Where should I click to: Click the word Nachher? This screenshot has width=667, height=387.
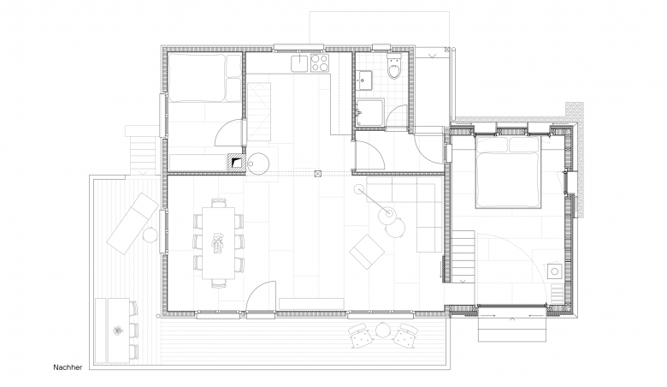click(x=68, y=367)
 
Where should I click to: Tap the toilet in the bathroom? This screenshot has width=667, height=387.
click(x=394, y=67)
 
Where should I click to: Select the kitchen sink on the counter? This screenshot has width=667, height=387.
click(x=299, y=63)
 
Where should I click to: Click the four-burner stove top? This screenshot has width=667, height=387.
click(x=320, y=63)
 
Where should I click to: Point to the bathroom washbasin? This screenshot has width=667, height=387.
click(x=364, y=80)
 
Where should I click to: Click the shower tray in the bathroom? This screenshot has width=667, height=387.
click(x=370, y=112)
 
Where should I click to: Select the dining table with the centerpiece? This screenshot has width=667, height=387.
click(x=219, y=242)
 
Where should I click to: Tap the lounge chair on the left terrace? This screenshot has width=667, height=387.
click(x=133, y=223)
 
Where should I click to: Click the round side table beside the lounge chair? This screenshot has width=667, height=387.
click(x=151, y=235)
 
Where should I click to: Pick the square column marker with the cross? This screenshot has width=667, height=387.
click(x=318, y=173)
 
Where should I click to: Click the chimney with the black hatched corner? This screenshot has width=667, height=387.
click(x=237, y=162)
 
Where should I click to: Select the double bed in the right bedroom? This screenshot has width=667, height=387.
click(x=508, y=172)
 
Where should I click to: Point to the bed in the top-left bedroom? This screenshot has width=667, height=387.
click(x=205, y=77)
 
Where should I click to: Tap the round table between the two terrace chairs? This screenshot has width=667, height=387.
click(x=383, y=330)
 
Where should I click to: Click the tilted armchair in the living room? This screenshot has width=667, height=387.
click(x=367, y=251)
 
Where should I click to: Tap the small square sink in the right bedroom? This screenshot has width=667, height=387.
click(x=554, y=271)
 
